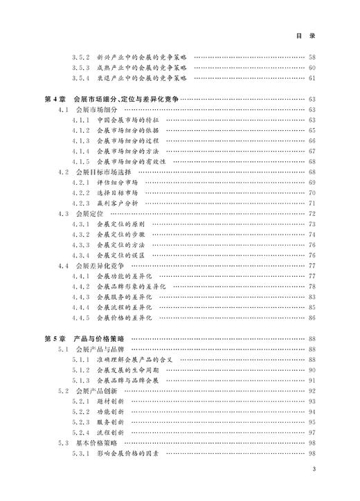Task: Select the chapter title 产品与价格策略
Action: (96, 339)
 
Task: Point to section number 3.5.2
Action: (82, 57)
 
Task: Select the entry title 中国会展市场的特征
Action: (128, 120)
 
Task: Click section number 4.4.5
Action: (82, 318)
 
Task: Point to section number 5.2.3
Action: (82, 422)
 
